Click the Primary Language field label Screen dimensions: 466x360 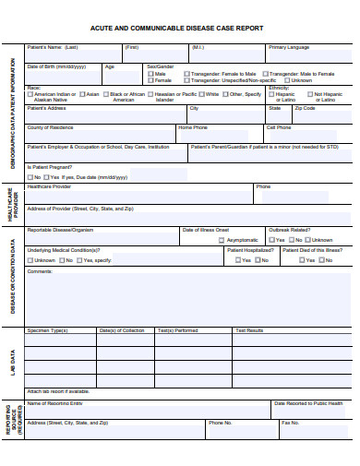click(x=289, y=47)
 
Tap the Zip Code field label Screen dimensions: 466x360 click(x=305, y=108)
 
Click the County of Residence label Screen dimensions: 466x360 click(x=51, y=127)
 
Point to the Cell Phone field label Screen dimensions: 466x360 click(x=279, y=127)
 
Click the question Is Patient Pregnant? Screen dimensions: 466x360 click(x=51, y=167)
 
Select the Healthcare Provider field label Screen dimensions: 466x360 click(x=49, y=186)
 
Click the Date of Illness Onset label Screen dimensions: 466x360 click(x=205, y=230)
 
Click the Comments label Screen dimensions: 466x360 click(x=41, y=271)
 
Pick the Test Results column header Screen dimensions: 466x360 click(x=249, y=330)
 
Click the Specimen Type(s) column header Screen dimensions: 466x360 click(x=48, y=330)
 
